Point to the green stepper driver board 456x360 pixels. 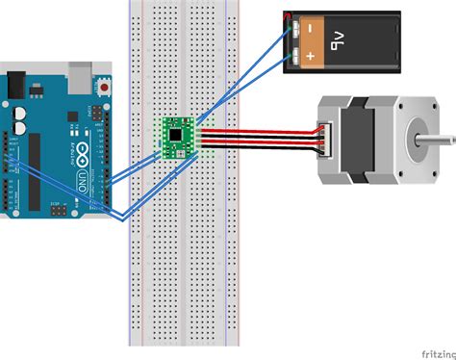click(177, 138)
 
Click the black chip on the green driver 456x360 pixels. click(178, 136)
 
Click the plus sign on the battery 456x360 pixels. click(311, 56)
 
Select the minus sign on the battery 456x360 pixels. click(311, 31)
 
